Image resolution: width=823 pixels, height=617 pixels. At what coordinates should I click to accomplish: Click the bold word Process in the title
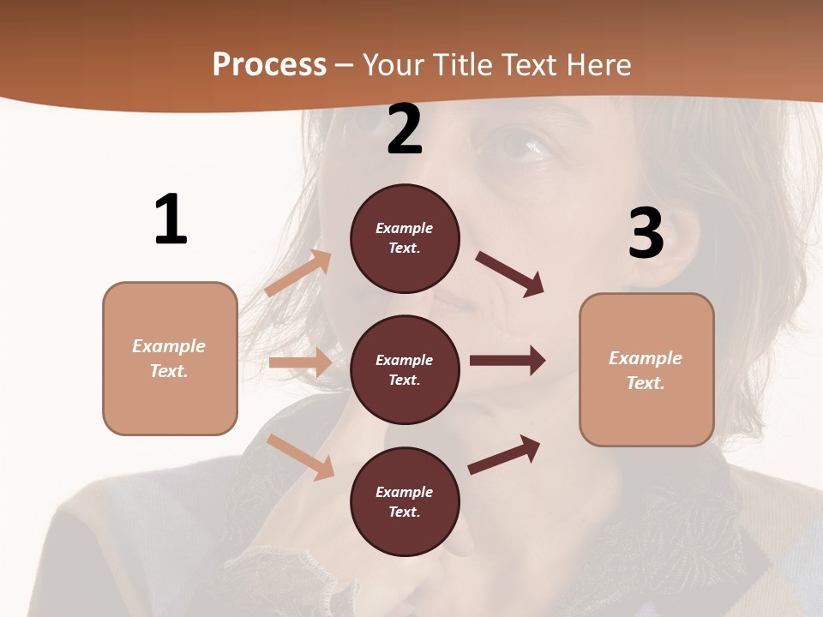point(269,64)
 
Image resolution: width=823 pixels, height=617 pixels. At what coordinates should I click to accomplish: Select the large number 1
point(171,219)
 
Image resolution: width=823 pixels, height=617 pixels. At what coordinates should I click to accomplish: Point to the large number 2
point(405,129)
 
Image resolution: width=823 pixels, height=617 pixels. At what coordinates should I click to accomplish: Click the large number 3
point(646,233)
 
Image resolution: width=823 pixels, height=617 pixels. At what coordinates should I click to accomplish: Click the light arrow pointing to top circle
point(298,273)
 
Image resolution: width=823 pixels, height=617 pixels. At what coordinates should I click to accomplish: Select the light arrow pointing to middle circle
point(300,362)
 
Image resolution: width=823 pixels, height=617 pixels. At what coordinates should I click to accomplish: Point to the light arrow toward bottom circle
point(301,457)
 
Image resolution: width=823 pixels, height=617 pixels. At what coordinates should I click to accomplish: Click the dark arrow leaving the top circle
point(510,274)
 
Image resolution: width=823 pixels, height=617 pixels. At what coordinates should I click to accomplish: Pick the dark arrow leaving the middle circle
point(508,361)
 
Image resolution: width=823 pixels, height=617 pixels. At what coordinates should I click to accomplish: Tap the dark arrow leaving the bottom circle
point(504,455)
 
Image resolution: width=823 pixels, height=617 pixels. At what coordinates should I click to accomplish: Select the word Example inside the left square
point(169,346)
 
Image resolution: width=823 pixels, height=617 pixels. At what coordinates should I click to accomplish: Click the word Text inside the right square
point(646,383)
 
